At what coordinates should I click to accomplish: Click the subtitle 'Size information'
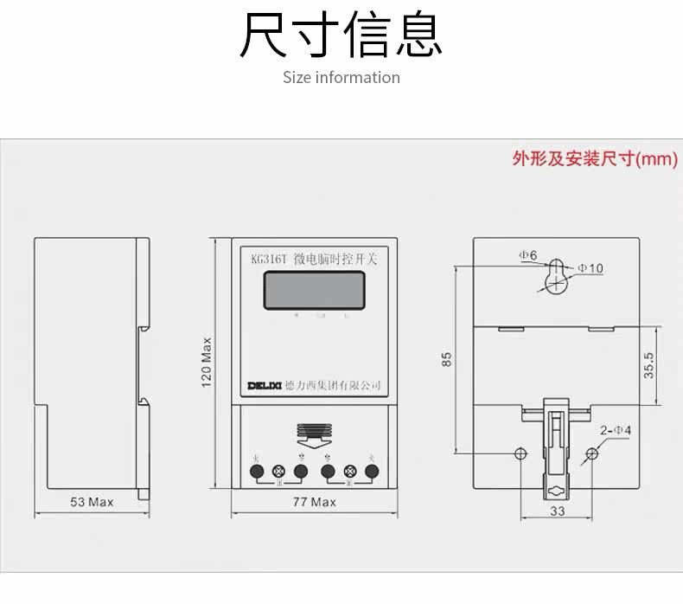click(x=341, y=78)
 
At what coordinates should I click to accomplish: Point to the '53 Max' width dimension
click(x=91, y=502)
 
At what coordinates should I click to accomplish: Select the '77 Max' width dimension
click(x=314, y=502)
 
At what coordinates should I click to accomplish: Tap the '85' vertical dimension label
click(x=446, y=357)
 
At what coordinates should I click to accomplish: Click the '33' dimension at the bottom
click(x=557, y=511)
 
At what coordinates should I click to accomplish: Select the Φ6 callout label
click(x=528, y=255)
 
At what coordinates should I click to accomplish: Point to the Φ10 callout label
click(x=590, y=268)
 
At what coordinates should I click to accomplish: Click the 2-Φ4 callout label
click(x=616, y=430)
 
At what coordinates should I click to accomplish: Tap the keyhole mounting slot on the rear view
click(x=557, y=275)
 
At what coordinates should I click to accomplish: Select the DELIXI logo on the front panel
click(x=260, y=384)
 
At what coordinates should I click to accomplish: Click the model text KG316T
click(x=269, y=258)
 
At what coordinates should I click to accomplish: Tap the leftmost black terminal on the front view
click(x=257, y=472)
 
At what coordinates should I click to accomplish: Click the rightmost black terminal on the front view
click(x=373, y=472)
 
